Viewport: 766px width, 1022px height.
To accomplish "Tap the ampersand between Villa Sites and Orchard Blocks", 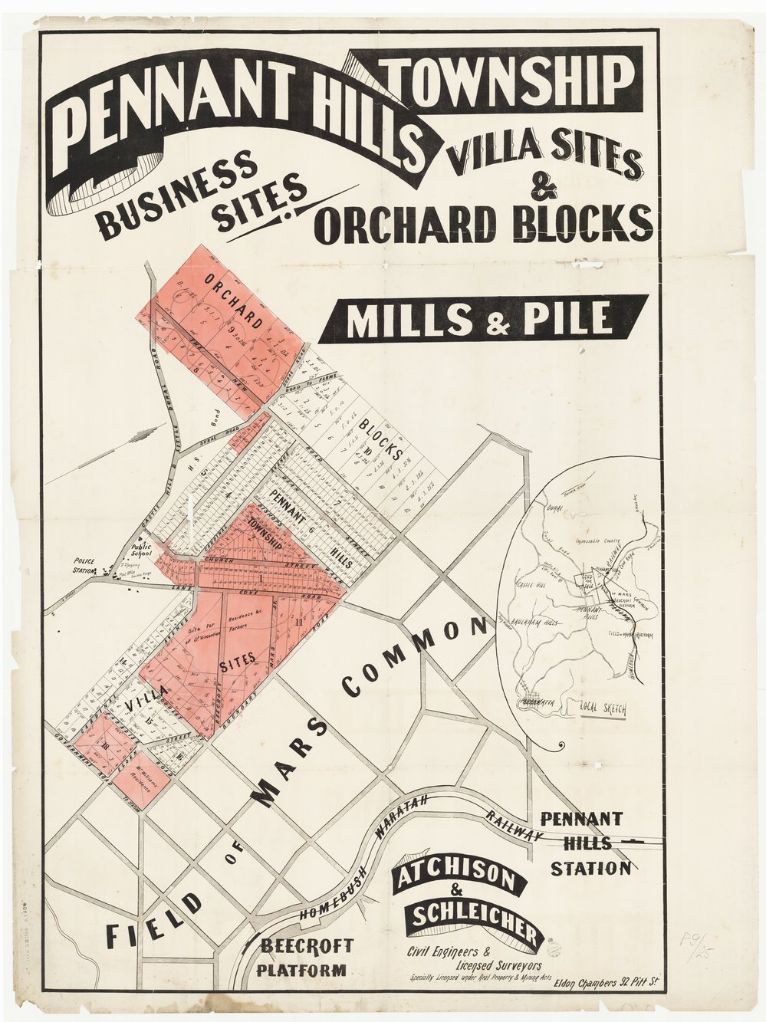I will tap(547, 189).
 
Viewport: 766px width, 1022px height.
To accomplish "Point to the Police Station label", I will tap(84, 566).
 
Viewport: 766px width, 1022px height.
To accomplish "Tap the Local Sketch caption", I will tap(603, 709).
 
